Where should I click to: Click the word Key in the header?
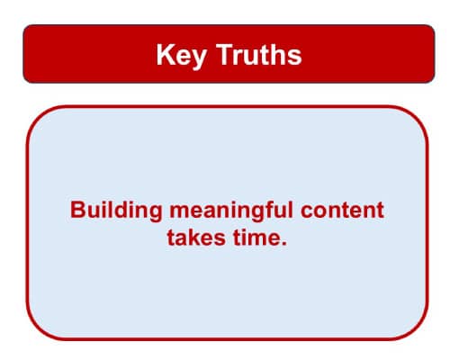point(177,55)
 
